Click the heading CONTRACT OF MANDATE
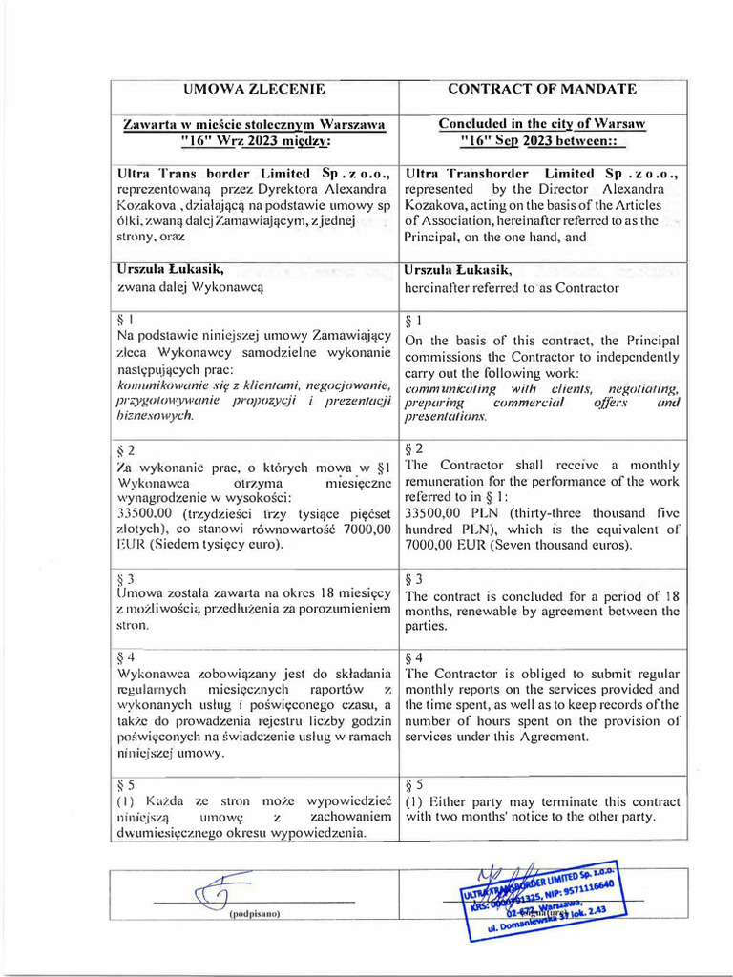pos(542,89)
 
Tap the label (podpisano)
pos(254,914)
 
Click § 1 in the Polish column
pos(125,320)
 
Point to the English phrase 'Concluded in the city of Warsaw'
pos(542,124)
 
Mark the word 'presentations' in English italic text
pos(446,417)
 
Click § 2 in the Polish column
pos(125,449)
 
